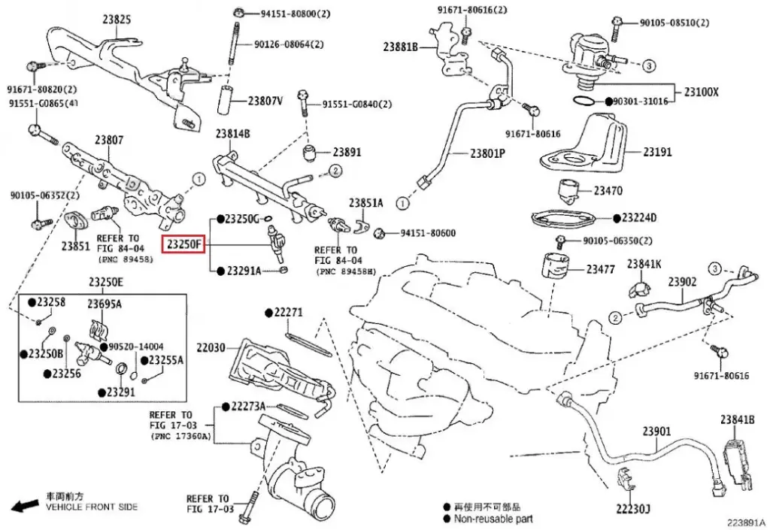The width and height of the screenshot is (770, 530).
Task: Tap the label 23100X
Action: [701, 92]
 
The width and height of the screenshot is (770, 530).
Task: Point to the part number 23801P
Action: [487, 153]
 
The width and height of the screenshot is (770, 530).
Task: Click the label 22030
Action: [211, 347]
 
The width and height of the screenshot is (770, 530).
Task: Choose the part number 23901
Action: [656, 432]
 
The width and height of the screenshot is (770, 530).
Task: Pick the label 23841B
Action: [736, 419]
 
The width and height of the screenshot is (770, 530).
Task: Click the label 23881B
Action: [399, 47]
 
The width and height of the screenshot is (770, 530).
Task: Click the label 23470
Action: [608, 190]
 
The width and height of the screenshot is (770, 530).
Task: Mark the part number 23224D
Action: [638, 218]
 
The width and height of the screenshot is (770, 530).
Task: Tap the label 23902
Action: [683, 282]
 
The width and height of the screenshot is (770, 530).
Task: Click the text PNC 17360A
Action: [181, 436]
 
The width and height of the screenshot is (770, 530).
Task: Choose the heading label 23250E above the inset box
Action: [105, 282]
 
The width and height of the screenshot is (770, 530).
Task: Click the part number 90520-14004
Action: [135, 347]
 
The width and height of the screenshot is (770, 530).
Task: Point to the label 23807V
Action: [265, 100]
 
